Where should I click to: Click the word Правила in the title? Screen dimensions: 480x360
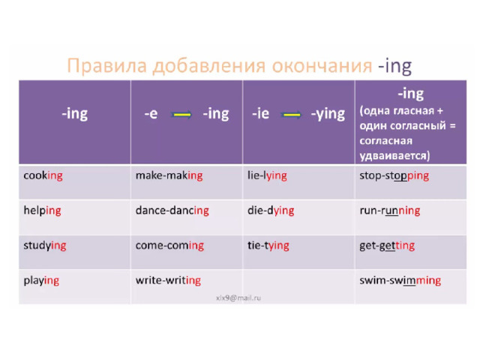[x=106, y=66]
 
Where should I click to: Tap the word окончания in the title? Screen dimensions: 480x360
[x=322, y=66]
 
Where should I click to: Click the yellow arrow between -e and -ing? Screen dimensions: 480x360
[x=181, y=115]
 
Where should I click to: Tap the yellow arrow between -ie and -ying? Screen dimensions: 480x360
[x=291, y=115]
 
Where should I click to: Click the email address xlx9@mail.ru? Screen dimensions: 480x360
[x=238, y=298]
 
